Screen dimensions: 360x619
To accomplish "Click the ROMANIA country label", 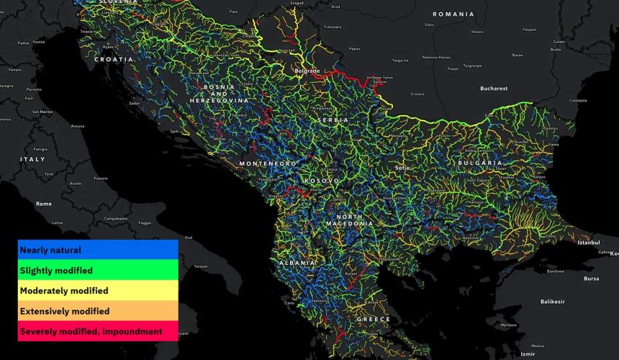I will point(453,14).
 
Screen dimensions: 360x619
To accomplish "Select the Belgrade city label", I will point(307,71).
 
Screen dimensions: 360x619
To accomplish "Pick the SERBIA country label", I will point(332,120).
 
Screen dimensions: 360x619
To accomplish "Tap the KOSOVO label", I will point(322,180).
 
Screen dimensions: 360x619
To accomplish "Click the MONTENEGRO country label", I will point(268,164).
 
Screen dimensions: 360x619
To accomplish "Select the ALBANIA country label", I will point(297,264).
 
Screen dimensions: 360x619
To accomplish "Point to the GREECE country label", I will point(374,319).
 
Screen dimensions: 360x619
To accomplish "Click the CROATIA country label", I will point(114,60).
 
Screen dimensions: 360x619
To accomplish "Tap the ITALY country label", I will point(32,159).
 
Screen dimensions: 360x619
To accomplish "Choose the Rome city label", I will point(44,204).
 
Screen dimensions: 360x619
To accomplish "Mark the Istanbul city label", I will point(587,243).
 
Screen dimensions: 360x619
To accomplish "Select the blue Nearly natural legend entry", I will point(98,250).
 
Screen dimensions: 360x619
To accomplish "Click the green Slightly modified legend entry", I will point(98,270).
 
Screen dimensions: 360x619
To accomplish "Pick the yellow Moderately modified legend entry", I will point(98,290).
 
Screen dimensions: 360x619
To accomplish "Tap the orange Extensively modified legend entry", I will point(98,311).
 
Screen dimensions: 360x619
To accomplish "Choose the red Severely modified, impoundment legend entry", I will point(98,331).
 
